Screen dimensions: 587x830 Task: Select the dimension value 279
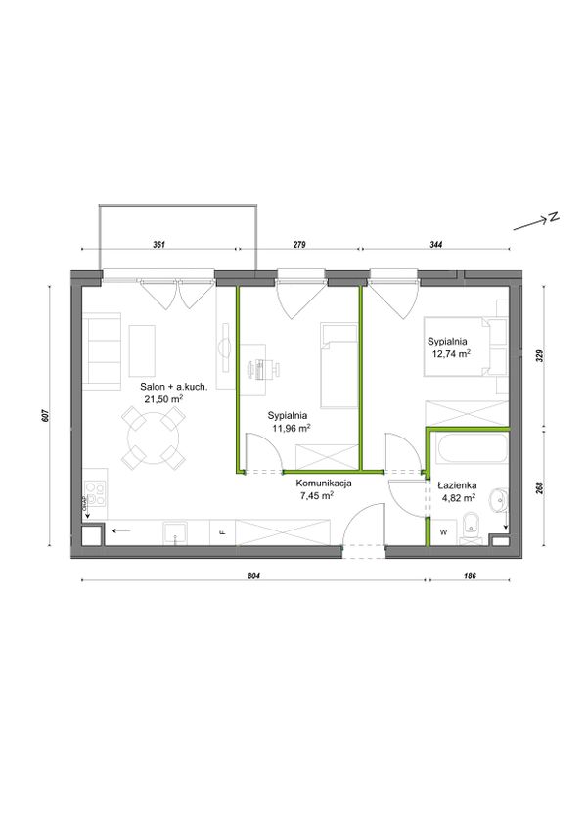pyautogui.click(x=299, y=245)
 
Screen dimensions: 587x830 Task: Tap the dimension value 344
pyautogui.click(x=435, y=245)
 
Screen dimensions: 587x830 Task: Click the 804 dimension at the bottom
pyautogui.click(x=255, y=576)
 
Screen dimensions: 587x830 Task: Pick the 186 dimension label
pyautogui.click(x=470, y=576)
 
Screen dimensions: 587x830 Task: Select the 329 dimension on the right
pyautogui.click(x=540, y=355)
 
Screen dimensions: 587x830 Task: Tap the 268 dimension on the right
pyautogui.click(x=540, y=487)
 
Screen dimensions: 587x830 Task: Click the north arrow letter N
pyautogui.click(x=554, y=217)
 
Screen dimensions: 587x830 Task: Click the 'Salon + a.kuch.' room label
pyautogui.click(x=174, y=387)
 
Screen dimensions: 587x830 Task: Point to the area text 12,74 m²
pyautogui.click(x=451, y=354)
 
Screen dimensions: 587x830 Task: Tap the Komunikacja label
pyautogui.click(x=324, y=483)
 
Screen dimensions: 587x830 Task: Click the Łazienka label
pyautogui.click(x=457, y=484)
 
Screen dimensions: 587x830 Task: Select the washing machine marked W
pyautogui.click(x=443, y=532)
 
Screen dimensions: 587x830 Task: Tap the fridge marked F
pyautogui.click(x=223, y=532)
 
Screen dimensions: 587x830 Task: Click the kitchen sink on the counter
pyautogui.click(x=175, y=532)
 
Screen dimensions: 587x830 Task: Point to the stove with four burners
pyautogui.click(x=96, y=493)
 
